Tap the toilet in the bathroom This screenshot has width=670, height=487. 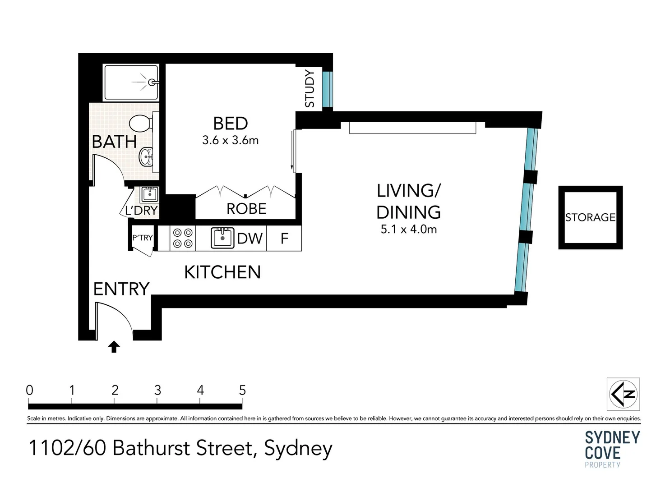coord(141,123)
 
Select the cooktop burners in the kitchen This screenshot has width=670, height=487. coord(183,238)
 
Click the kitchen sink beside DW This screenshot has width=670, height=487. coord(222,238)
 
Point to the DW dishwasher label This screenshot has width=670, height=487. coord(250,239)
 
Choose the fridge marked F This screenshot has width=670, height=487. coord(284,238)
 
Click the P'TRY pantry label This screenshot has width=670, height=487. coord(143,238)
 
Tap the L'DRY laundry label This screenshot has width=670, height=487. coord(141,210)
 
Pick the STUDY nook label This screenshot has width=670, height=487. coord(310,88)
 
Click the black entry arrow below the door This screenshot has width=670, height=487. coord(114,347)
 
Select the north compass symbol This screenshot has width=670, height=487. coord(624,394)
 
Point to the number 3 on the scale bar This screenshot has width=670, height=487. coord(157,390)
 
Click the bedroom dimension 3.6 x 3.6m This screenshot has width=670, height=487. coord(230,140)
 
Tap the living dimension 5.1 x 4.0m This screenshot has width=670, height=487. coord(409,230)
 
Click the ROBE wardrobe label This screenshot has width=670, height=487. coord(246,209)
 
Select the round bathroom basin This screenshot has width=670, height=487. coord(146,156)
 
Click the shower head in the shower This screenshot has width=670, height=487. coord(152,82)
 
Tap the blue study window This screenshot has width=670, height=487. coord(328,89)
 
